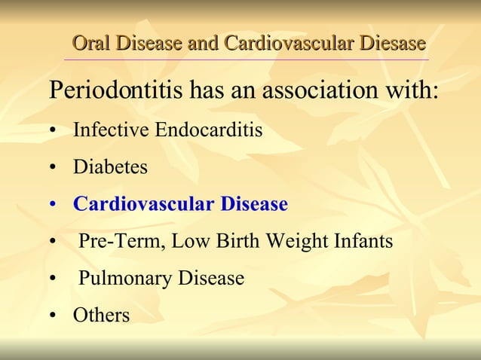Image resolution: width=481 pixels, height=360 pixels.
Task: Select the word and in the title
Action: (203, 43)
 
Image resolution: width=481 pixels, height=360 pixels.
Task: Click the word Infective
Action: (111, 130)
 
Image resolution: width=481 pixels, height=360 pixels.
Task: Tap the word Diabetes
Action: (110, 167)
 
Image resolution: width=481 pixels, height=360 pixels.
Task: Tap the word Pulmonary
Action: (125, 279)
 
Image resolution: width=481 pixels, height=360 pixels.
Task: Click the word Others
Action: (101, 316)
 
